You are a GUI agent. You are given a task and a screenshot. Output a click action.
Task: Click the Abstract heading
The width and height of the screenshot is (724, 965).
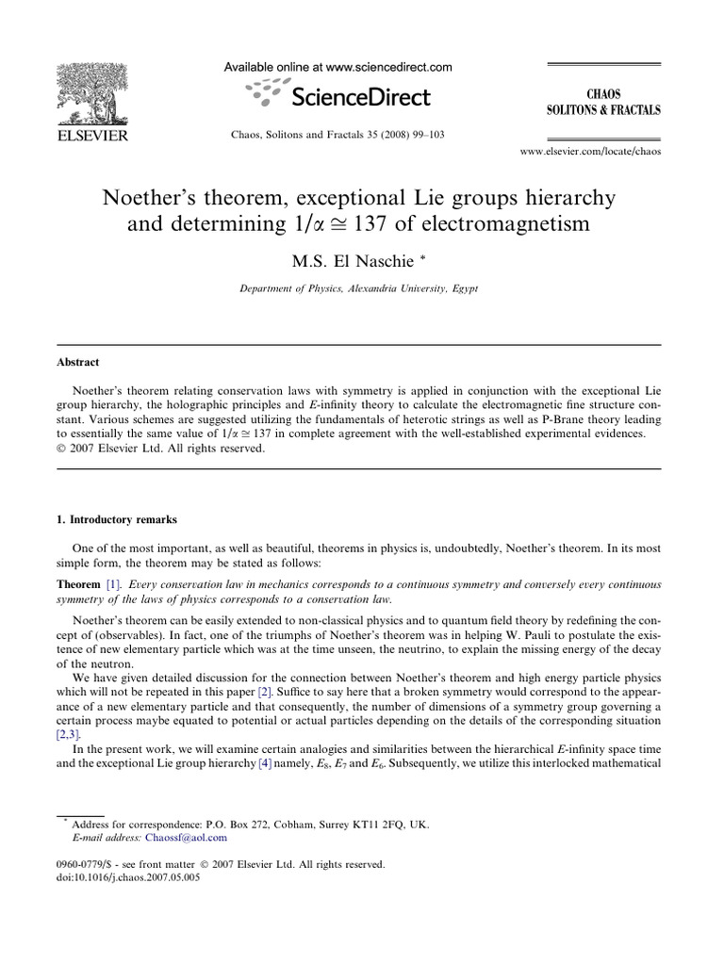78,362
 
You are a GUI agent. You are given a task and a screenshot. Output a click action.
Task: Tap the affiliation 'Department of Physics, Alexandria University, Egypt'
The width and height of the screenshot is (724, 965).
359,288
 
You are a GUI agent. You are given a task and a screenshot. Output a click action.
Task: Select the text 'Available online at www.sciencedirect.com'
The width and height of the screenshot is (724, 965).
337,67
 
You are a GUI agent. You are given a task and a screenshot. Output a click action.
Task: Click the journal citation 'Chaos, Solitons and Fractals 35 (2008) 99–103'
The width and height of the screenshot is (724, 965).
337,135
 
